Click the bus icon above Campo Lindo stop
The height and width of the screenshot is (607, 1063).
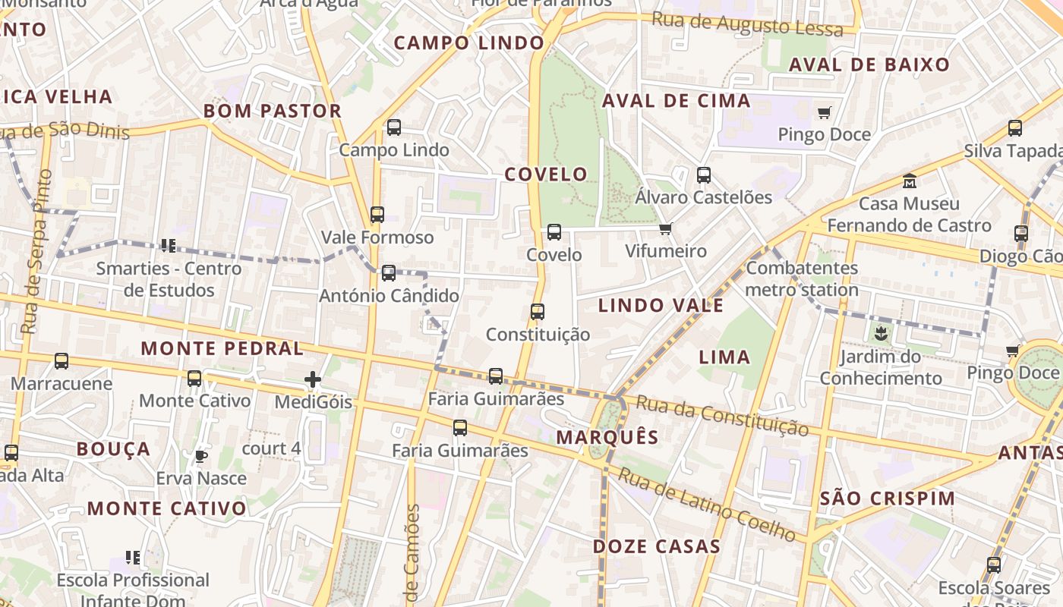tap(394, 127)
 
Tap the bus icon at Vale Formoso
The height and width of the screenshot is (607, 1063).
tap(377, 215)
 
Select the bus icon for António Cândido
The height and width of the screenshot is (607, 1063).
tap(389, 272)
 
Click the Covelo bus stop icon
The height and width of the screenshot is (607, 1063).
tap(554, 232)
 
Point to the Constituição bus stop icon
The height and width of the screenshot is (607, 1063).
tap(538, 311)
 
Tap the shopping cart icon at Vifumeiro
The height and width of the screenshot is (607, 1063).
tap(666, 228)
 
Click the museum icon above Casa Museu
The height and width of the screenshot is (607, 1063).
tap(909, 181)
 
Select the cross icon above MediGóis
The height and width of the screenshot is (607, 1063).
tap(313, 379)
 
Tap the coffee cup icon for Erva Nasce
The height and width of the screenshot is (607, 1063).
tap(201, 456)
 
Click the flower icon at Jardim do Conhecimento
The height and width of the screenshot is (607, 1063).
tap(881, 333)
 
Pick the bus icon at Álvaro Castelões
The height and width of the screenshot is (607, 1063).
tap(704, 175)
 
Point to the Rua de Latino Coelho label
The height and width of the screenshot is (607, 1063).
tap(707, 505)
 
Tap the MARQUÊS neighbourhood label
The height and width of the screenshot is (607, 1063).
tap(607, 438)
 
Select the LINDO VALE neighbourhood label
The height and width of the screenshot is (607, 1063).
tap(661, 306)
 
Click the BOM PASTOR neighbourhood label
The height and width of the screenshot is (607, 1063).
tap(272, 112)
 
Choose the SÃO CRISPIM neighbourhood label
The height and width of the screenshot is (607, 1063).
tap(888, 498)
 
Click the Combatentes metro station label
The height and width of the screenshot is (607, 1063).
tap(802, 278)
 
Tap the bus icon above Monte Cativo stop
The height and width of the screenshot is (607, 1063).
tap(194, 378)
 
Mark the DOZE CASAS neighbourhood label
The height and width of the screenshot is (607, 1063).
tap(657, 546)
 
